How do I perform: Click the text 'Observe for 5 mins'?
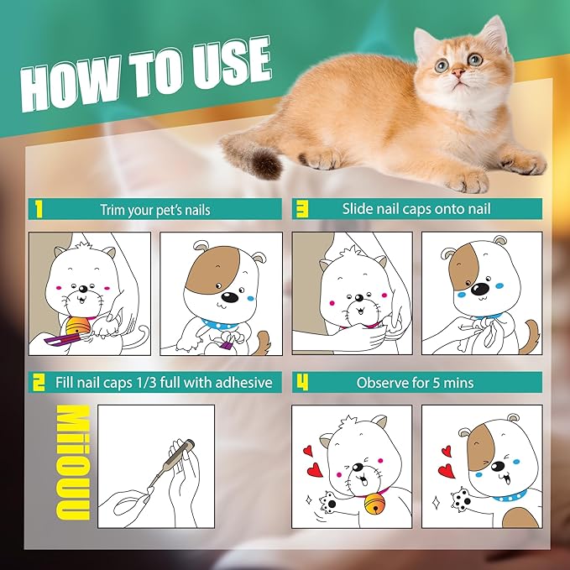tap(415, 383)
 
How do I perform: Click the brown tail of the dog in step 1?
tap(263, 341)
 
